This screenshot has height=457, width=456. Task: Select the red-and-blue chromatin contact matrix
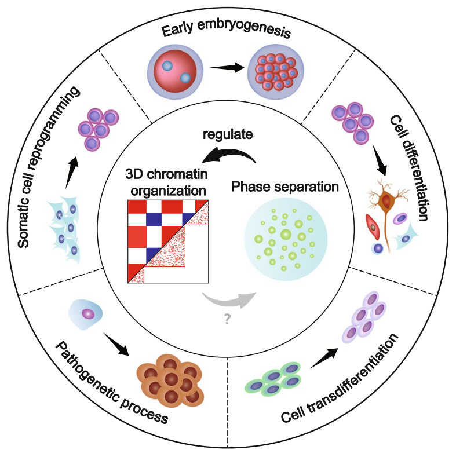[x=167, y=240]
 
